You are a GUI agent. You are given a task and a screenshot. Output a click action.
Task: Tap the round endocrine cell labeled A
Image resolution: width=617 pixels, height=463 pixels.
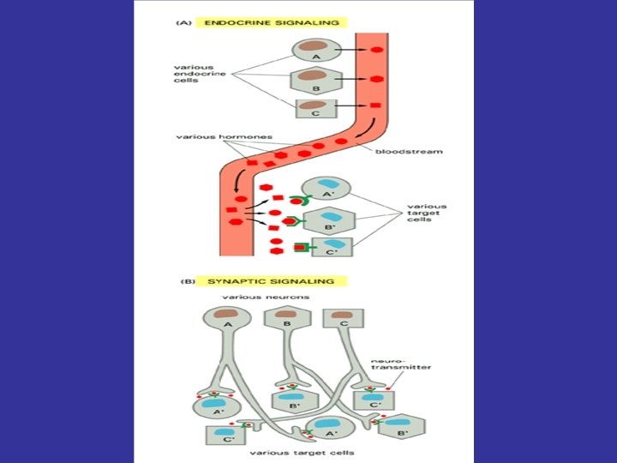[x=315, y=51]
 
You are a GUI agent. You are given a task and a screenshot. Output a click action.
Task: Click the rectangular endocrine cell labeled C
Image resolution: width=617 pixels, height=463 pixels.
[x=316, y=108]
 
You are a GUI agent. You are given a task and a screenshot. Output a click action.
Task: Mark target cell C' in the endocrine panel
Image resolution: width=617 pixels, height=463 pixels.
[x=331, y=248]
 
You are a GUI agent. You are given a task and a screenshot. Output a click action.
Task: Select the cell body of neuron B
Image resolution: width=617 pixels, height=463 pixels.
[x=285, y=318]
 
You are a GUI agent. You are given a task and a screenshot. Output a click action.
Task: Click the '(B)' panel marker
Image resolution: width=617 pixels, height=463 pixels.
[x=185, y=280]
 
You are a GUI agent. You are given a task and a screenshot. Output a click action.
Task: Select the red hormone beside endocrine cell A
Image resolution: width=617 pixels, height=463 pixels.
[x=376, y=51]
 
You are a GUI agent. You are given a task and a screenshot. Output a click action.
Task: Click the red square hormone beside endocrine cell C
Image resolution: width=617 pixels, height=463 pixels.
[x=374, y=105]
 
